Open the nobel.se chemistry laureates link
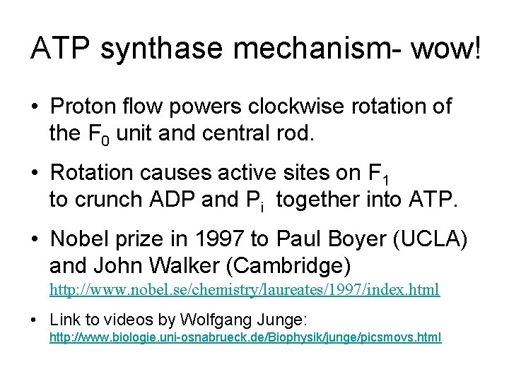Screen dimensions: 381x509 click(x=244, y=290)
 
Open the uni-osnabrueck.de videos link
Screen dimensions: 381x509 click(x=245, y=338)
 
